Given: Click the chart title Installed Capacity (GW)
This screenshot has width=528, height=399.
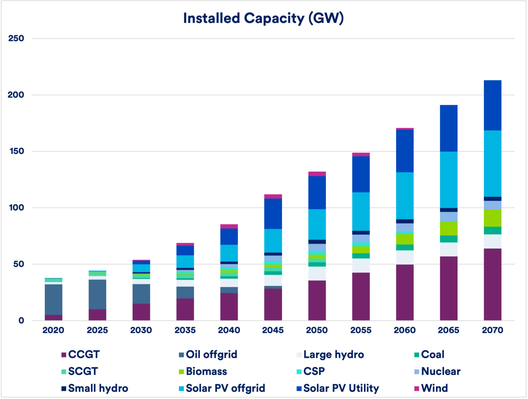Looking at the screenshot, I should [x=263, y=18].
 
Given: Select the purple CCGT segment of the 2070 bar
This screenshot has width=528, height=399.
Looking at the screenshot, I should [x=493, y=284].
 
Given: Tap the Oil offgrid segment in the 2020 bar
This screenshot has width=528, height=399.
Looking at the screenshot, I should [x=54, y=299].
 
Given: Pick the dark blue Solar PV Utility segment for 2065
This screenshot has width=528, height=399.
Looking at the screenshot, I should [x=448, y=128].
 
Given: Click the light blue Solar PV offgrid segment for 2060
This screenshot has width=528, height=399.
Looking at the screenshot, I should [x=405, y=195].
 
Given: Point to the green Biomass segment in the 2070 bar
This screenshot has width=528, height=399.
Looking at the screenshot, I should [x=493, y=218].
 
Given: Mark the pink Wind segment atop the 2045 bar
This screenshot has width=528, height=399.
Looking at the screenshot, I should [x=273, y=196].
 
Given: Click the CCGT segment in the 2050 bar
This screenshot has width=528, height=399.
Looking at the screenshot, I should [x=317, y=300].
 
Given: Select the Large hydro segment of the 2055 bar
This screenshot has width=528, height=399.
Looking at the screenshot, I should [x=361, y=265].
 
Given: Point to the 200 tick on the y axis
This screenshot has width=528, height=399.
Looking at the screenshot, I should [x=16, y=95].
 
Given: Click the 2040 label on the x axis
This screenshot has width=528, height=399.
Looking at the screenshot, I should [x=229, y=330].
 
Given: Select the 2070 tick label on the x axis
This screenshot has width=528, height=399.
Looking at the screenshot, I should [x=493, y=330].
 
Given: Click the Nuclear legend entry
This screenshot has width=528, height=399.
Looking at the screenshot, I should [x=441, y=371].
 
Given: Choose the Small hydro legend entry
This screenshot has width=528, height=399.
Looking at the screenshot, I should [x=98, y=388].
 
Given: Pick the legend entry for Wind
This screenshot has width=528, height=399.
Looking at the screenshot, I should [x=434, y=388].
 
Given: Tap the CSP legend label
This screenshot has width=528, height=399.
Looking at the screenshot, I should [x=314, y=371].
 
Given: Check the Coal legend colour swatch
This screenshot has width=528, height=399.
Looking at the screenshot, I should [x=417, y=355].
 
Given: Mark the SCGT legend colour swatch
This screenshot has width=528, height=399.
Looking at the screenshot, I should [x=64, y=372].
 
